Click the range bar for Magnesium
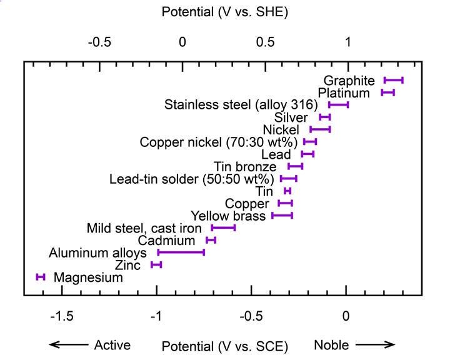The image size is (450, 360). pyautogui.click(x=41, y=277)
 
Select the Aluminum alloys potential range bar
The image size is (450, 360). pyautogui.click(x=181, y=252)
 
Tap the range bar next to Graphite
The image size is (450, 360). pyautogui.click(x=393, y=80)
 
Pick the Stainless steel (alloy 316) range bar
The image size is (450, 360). pyautogui.click(x=338, y=104)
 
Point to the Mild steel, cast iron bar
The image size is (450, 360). pyautogui.click(x=223, y=228)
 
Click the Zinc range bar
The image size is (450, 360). pyautogui.click(x=156, y=265)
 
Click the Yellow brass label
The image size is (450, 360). pyautogui.click(x=229, y=216)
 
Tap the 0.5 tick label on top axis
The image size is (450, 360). pyautogui.click(x=265, y=42)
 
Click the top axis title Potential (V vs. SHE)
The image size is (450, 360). pyautogui.click(x=224, y=12)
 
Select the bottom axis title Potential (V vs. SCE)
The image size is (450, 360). pyautogui.click(x=224, y=346)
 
